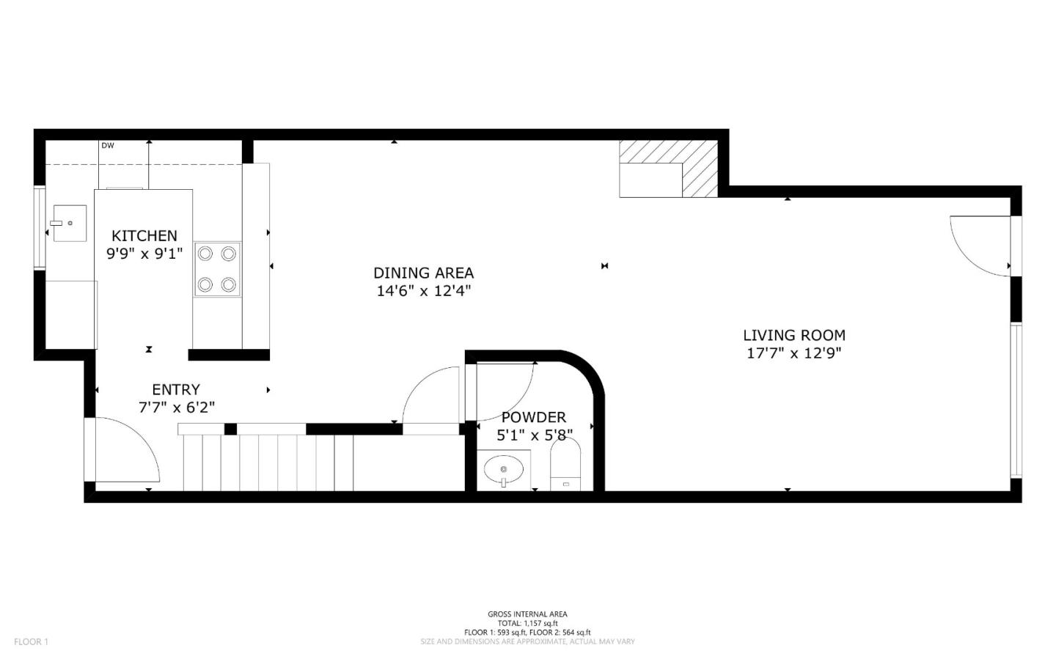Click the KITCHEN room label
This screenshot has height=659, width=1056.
point(144,235)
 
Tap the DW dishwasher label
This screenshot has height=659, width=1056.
point(108,145)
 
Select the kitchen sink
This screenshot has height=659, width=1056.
point(69,223)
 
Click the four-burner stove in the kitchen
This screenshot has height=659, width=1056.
point(218,269)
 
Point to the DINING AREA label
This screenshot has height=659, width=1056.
point(423,273)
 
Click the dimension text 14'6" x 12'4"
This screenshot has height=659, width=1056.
point(423,291)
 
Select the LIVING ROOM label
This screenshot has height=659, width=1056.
point(793,335)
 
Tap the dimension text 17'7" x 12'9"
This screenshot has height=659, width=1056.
point(793,353)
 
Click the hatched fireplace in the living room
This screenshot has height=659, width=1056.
point(668,169)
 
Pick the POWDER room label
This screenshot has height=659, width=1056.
point(533,417)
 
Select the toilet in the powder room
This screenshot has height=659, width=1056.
point(565,466)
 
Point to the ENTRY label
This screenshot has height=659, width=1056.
point(175,389)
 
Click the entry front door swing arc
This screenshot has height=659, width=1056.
point(128,447)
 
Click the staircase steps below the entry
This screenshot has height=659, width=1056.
point(268,462)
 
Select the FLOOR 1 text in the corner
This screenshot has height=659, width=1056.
point(31,642)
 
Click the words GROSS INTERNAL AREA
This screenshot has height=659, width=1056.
point(527,614)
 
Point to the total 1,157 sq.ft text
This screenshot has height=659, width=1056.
point(527,623)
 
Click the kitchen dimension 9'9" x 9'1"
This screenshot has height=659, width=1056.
point(144,254)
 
